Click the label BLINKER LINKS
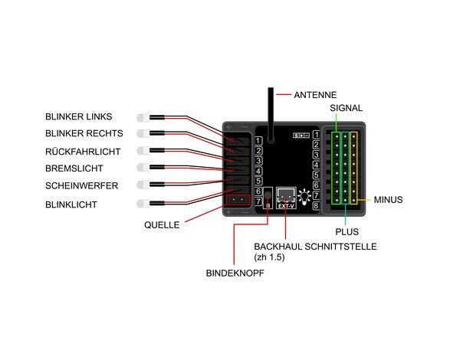[x=78, y=117]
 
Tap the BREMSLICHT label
[x=74, y=168]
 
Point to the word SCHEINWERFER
[x=82, y=185]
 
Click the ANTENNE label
[x=316, y=95]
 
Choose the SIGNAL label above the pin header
[x=346, y=108]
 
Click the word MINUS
[x=389, y=200]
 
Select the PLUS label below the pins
[x=347, y=231]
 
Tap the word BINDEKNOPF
[x=235, y=273]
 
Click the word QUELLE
[x=162, y=225]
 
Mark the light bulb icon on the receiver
[x=305, y=196]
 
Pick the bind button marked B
[x=268, y=198]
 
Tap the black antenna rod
[x=271, y=111]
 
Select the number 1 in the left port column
[x=258, y=141]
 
